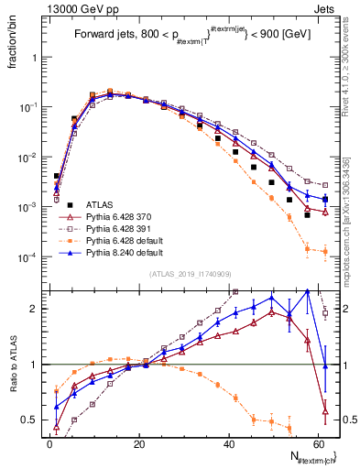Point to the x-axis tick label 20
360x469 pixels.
138,443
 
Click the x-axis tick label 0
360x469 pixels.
49,443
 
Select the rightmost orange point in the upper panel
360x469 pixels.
325,250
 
